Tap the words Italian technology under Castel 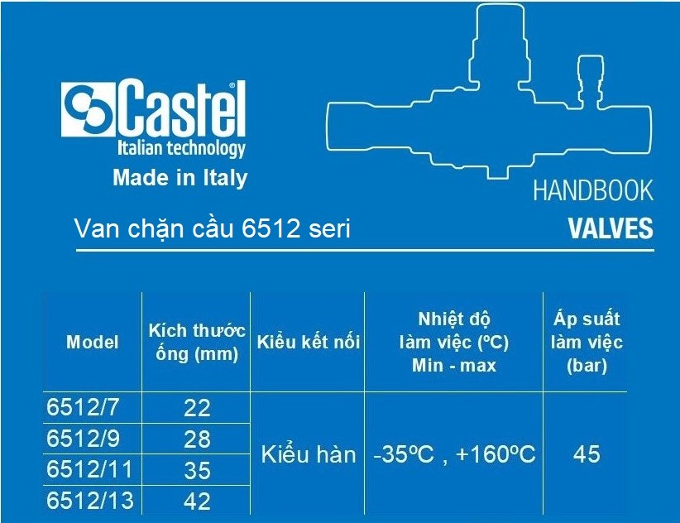pos(181,148)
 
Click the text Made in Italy pos(180,178)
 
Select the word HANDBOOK pos(593,190)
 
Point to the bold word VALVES pos(611,228)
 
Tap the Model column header pos(93,342)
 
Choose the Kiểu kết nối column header pos(309,342)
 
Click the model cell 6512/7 pos(83,407)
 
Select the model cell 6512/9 pos(83,439)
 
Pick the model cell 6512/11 pos(89,469)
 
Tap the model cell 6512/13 pos(90,501)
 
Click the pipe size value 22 pos(197,408)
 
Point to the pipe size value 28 pos(197,439)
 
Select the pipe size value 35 pos(197,471)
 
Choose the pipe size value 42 pos(197,501)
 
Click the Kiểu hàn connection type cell pos(309,454)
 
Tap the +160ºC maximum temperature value pos(496,454)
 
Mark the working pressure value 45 pos(587,454)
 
